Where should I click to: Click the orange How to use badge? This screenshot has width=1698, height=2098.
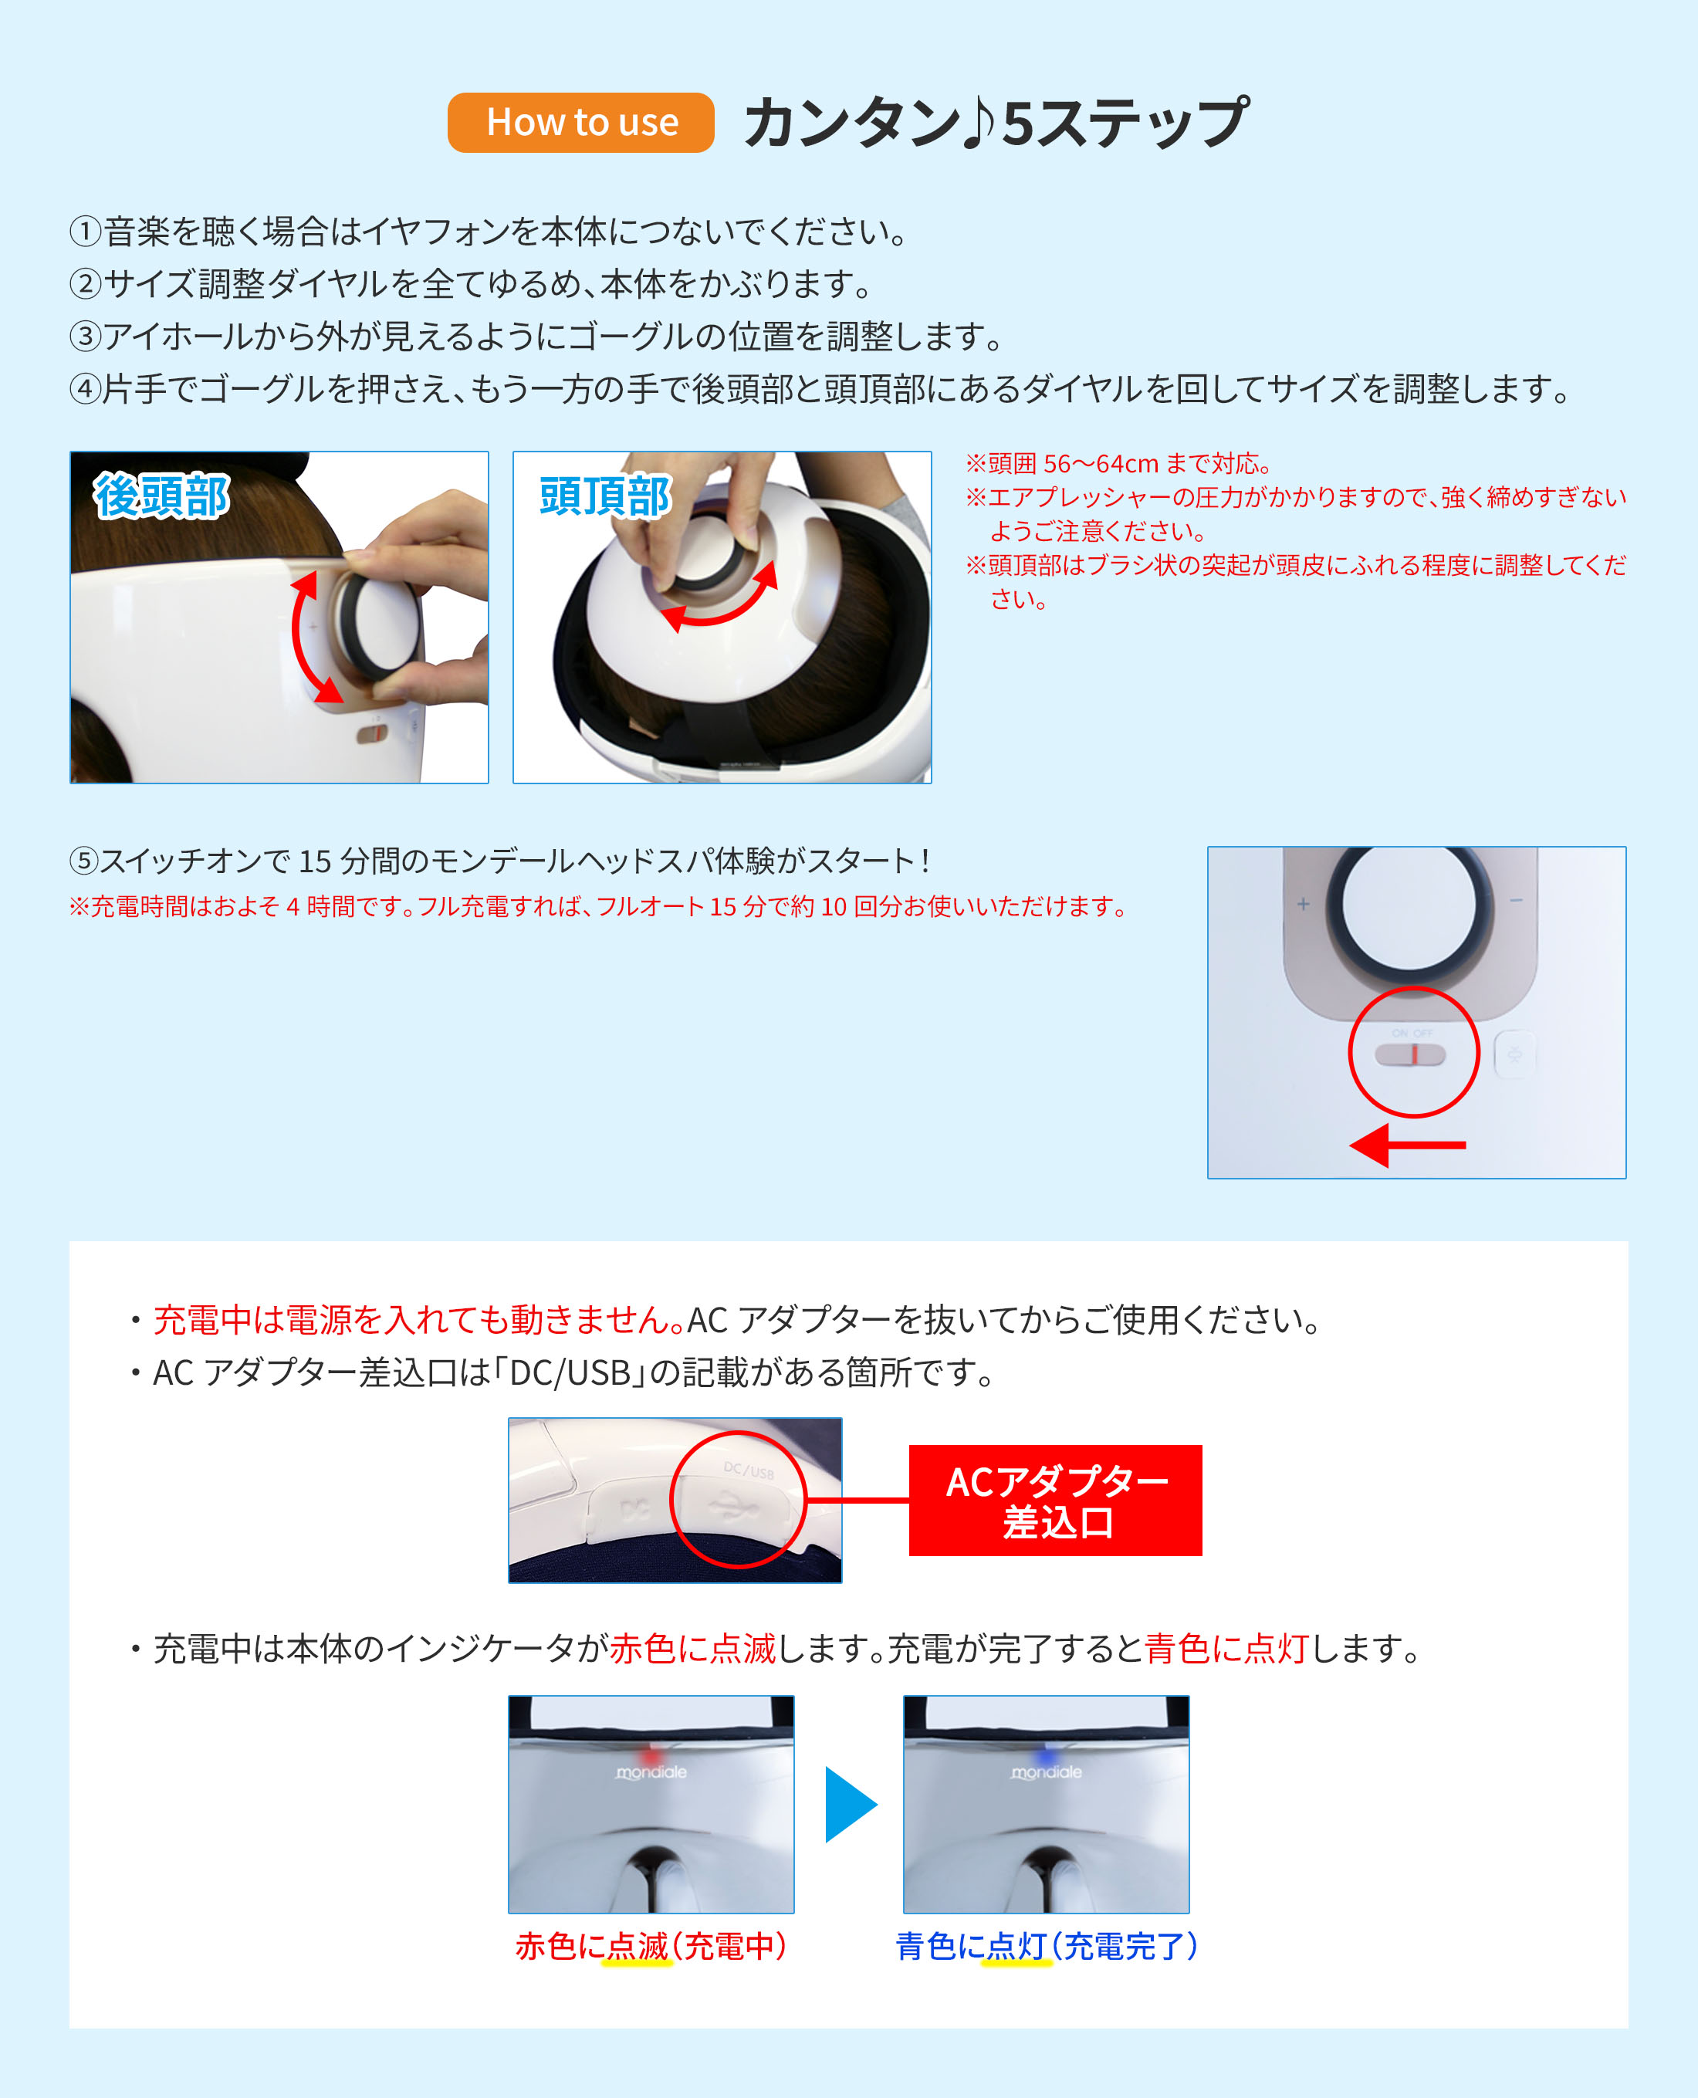pyautogui.click(x=581, y=122)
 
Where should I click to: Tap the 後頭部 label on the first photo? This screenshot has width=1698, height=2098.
pyautogui.click(x=162, y=495)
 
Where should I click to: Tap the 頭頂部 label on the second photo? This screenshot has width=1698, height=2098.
pyautogui.click(x=605, y=496)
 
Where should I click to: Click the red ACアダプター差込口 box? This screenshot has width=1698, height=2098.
pyautogui.click(x=1055, y=1501)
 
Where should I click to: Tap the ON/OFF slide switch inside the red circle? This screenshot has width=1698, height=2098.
pyautogui.click(x=1409, y=1054)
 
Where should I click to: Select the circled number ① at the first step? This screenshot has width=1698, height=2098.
pyautogui.click(x=86, y=232)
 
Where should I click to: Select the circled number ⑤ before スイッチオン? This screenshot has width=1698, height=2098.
pyautogui.click(x=84, y=861)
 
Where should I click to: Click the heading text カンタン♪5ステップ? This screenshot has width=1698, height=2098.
pyautogui.click(x=996, y=122)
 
